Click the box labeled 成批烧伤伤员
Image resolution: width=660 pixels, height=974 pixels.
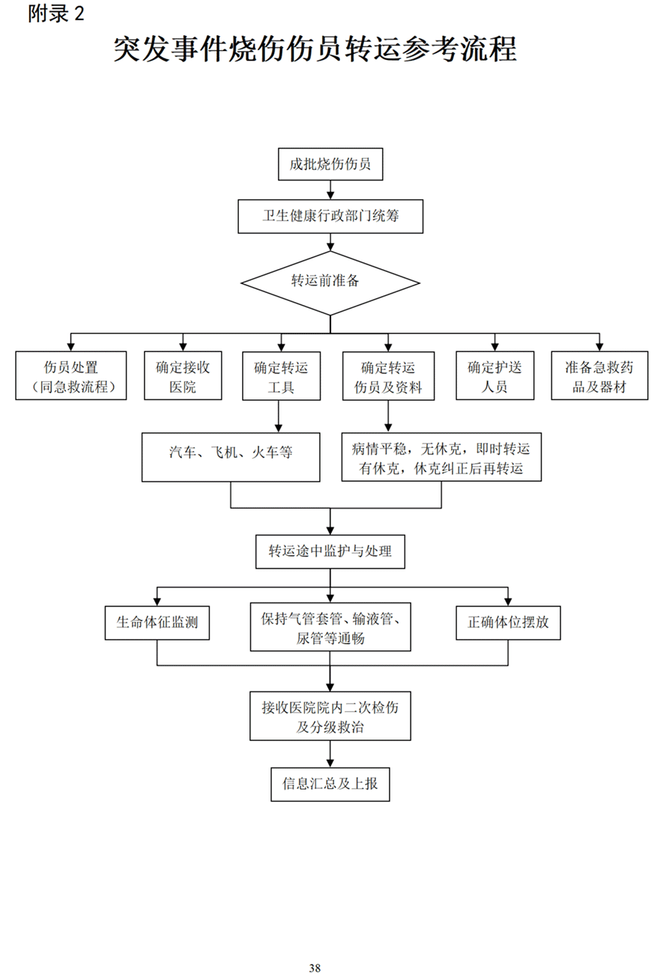click(330, 165)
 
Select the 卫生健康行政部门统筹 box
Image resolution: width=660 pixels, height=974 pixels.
click(330, 217)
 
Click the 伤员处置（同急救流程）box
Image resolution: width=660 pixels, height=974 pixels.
click(71, 377)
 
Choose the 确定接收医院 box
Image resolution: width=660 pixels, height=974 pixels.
click(183, 377)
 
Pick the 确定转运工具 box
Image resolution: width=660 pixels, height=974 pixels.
click(280, 377)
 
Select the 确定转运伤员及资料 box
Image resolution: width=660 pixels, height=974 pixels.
click(387, 377)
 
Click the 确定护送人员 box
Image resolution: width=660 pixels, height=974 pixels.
click(494, 377)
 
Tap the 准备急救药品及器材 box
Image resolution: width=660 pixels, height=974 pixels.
click(599, 377)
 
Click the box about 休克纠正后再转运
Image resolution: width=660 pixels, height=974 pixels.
click(441, 457)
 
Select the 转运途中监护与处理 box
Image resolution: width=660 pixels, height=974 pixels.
click(330, 552)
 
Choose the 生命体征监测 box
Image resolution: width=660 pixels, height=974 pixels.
click(157, 623)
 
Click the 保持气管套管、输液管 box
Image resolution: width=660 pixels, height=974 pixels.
click(330, 627)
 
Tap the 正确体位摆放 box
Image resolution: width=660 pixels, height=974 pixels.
click(509, 623)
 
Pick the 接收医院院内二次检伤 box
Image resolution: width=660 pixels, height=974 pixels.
click(330, 716)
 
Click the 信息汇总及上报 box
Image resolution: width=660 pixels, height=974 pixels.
click(330, 784)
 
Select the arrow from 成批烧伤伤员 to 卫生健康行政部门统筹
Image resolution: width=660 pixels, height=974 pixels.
click(330, 191)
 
